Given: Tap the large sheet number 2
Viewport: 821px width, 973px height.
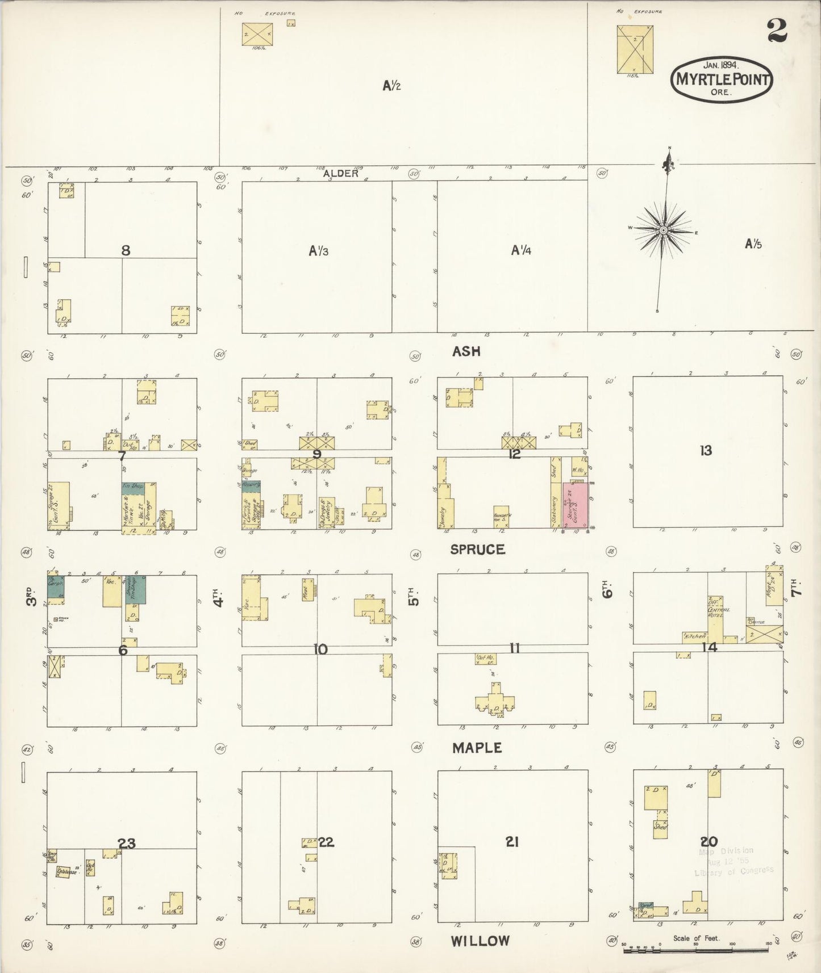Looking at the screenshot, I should (x=777, y=31).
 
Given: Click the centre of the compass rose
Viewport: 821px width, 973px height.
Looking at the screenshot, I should (x=663, y=230).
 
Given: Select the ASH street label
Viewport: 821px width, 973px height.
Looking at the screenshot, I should (x=466, y=351).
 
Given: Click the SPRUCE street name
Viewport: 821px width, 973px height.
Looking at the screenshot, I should (x=477, y=550).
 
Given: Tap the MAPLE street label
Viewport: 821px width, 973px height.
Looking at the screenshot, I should (x=477, y=748).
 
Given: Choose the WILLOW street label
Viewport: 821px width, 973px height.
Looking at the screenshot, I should (x=480, y=941).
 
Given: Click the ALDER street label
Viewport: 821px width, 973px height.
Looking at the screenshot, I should (x=340, y=174).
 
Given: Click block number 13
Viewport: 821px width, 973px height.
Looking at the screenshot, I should (x=706, y=451).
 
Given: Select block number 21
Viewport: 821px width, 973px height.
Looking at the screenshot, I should (x=511, y=842).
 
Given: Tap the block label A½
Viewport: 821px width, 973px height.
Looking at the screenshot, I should (x=392, y=86).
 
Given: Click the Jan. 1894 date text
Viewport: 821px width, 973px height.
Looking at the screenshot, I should (x=722, y=65).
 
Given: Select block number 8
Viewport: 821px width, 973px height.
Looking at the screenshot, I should (x=126, y=250).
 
